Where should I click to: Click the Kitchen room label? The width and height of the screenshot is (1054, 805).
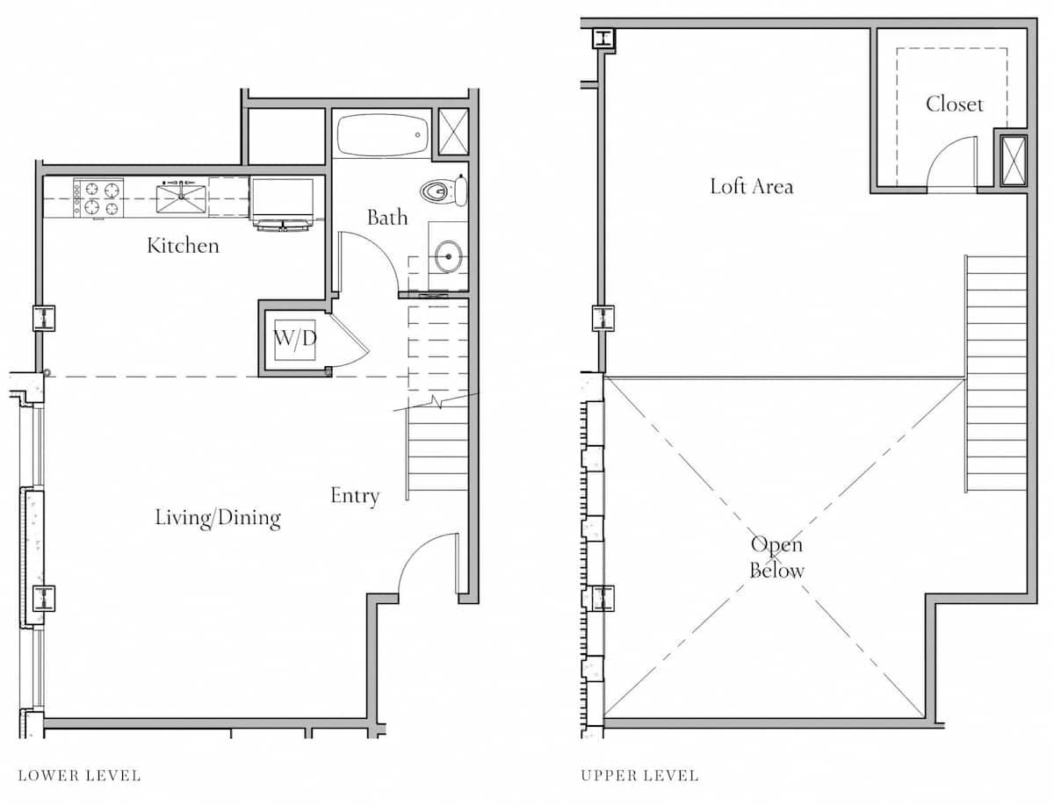tap(183, 246)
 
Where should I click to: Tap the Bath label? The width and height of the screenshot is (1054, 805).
tap(387, 218)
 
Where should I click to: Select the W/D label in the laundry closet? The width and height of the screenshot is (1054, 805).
tap(295, 339)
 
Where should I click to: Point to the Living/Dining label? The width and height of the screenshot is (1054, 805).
tap(218, 518)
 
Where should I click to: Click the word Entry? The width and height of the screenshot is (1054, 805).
tap(355, 496)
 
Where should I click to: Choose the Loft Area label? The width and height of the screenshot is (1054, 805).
tap(752, 186)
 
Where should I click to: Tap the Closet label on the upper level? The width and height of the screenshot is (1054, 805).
tap(955, 104)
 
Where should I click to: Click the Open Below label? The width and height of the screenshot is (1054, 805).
tap(777, 557)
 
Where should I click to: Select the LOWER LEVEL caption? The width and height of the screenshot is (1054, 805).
tap(79, 776)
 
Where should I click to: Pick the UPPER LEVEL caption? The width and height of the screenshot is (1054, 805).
tap(639, 776)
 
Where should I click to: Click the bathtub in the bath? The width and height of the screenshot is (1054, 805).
tap(383, 134)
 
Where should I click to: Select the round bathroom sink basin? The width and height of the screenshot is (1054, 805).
tap(449, 256)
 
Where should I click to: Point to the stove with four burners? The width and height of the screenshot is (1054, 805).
tap(98, 198)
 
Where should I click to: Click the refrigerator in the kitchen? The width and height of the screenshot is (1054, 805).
tap(284, 202)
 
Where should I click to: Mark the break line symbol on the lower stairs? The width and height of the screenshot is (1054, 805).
tap(436, 401)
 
